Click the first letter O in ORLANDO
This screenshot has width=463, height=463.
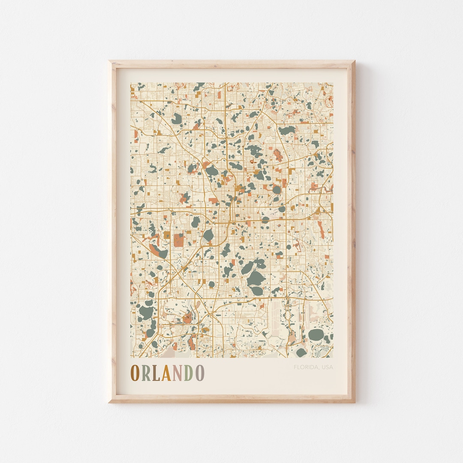click(x=135, y=373)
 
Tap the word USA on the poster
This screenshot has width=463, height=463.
click(x=327, y=367)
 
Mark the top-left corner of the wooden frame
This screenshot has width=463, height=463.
click(x=109, y=61)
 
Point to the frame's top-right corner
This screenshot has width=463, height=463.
click(x=354, y=61)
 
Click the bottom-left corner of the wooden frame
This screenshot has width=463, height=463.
click(x=109, y=402)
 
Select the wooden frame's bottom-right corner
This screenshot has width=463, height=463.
click(x=354, y=402)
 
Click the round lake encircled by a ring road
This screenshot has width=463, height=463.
click(x=277, y=189)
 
